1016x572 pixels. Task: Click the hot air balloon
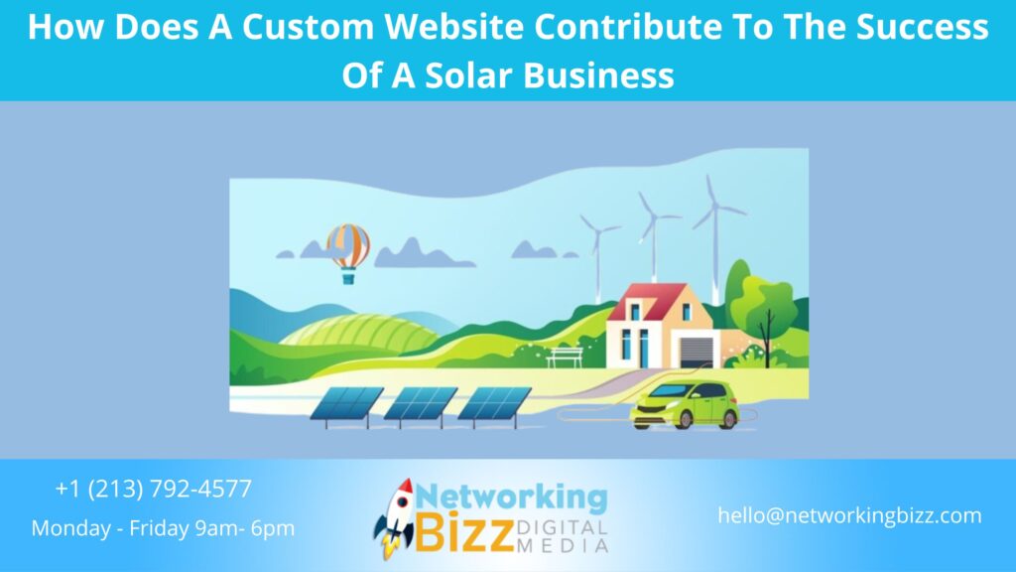tap(348, 248)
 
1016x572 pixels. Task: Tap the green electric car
tap(685, 402)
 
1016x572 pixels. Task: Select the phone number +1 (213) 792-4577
tap(154, 489)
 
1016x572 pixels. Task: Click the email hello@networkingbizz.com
tap(850, 515)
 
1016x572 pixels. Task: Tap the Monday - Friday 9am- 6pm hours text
tap(163, 528)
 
